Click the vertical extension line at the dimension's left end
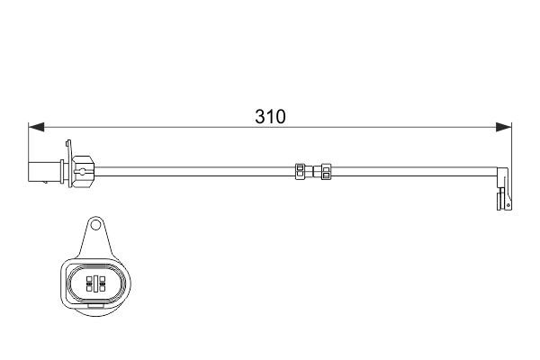pyautogui.click(x=30, y=144)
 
